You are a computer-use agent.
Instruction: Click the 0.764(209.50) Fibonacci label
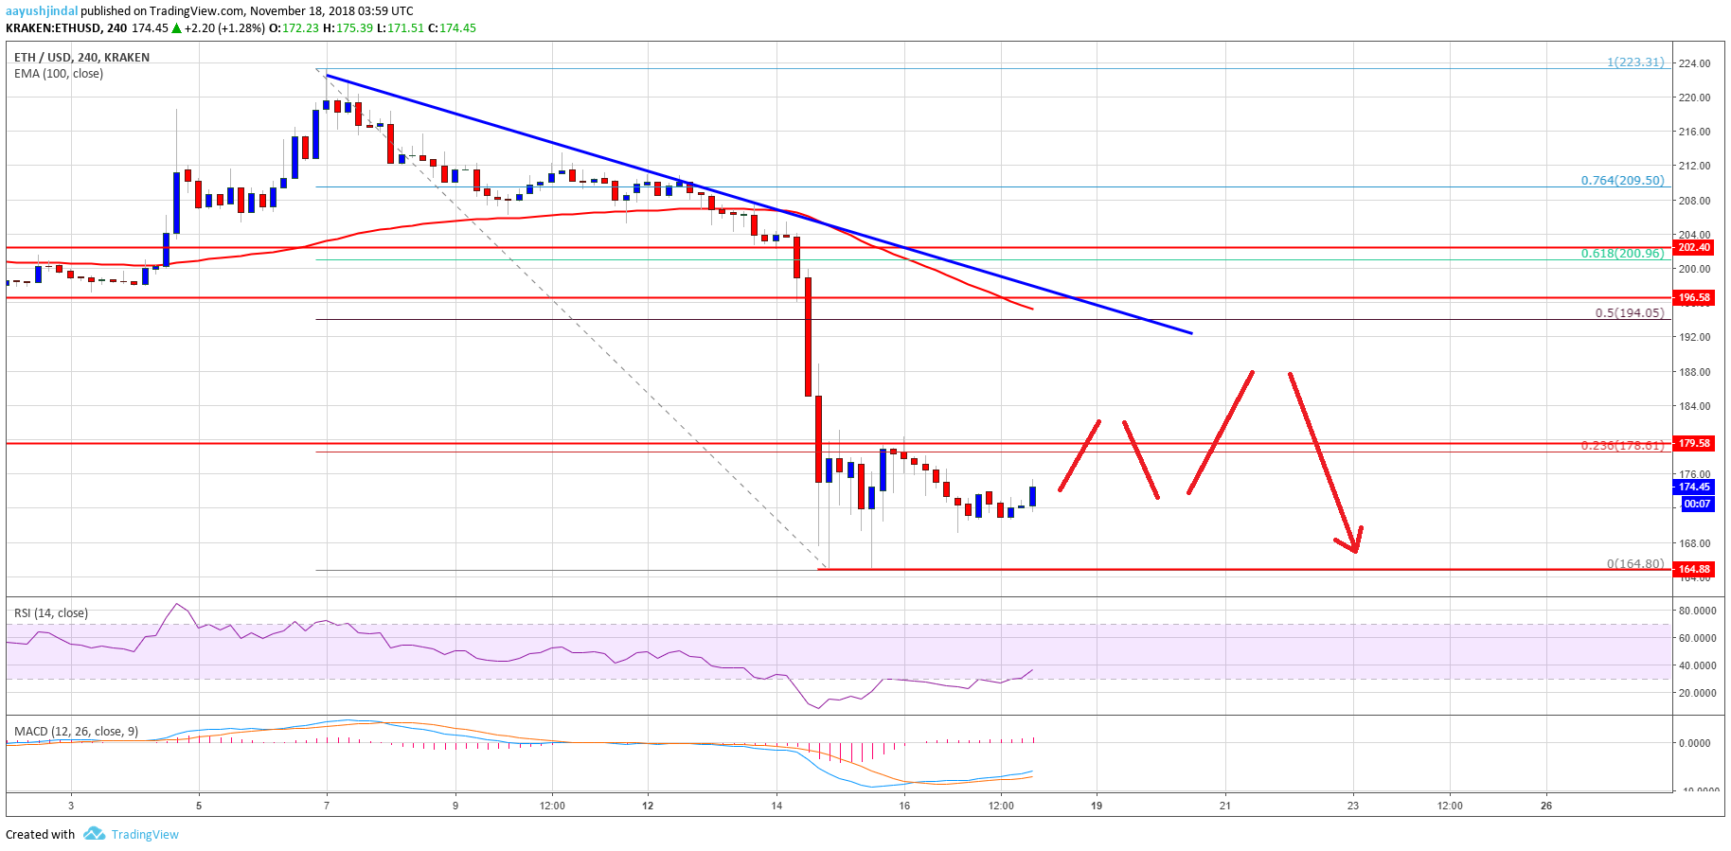1622,180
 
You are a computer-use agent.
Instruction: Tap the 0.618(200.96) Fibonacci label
1622,254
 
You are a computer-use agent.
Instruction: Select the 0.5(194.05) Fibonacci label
1629,312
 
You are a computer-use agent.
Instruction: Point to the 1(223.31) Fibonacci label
1635,62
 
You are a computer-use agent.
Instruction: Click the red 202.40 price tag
1694,247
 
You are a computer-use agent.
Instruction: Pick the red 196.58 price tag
1694,297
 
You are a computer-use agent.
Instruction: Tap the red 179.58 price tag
1694,443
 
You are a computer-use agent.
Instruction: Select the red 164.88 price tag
1694,569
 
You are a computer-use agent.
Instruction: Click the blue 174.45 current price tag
1694,487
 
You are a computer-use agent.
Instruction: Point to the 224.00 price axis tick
1694,63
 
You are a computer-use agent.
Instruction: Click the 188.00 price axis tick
1694,372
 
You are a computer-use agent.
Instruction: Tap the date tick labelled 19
1097,806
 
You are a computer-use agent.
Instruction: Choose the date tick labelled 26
1546,806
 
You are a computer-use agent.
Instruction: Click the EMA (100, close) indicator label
59,74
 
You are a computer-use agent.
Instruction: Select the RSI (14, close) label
51,612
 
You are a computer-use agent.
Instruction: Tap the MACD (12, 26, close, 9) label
76,731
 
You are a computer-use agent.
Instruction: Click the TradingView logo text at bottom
144,834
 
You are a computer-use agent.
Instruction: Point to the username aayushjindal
42,11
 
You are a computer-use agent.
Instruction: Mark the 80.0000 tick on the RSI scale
1697,611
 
